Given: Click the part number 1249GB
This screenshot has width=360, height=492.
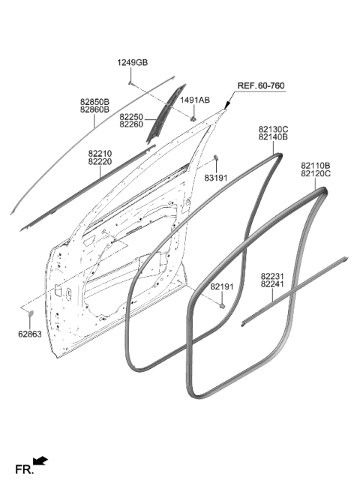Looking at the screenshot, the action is click(x=133, y=63).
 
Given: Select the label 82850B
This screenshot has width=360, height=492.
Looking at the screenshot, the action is click(x=94, y=102).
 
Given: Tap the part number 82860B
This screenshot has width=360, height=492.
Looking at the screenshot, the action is click(x=94, y=109).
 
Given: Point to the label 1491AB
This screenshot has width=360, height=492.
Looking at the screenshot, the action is click(x=195, y=100).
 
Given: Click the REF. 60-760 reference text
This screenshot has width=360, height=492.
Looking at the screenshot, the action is click(x=261, y=85).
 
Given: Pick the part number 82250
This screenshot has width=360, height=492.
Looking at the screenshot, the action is click(x=131, y=117).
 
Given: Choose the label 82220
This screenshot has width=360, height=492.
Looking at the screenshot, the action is click(x=100, y=161).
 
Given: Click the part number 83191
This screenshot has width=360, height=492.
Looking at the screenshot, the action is click(x=216, y=178).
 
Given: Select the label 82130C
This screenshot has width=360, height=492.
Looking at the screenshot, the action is click(x=273, y=129).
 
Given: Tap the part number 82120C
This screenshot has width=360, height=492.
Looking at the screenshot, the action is click(x=316, y=173).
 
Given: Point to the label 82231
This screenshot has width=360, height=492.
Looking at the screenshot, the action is click(x=272, y=277).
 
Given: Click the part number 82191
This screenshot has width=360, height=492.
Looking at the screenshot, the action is click(x=222, y=286).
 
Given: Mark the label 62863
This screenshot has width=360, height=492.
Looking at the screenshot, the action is click(x=30, y=334).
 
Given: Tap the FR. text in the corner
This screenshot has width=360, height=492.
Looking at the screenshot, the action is click(x=24, y=469).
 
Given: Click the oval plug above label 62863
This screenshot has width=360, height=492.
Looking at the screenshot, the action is click(x=31, y=313).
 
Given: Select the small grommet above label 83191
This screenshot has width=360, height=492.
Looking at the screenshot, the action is click(x=216, y=157).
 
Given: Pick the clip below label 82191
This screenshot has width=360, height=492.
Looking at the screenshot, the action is click(x=222, y=305).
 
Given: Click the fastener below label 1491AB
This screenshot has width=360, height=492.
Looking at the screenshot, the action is click(x=193, y=119).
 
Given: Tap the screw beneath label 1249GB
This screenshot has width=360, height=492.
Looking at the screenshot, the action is click(x=130, y=83).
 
